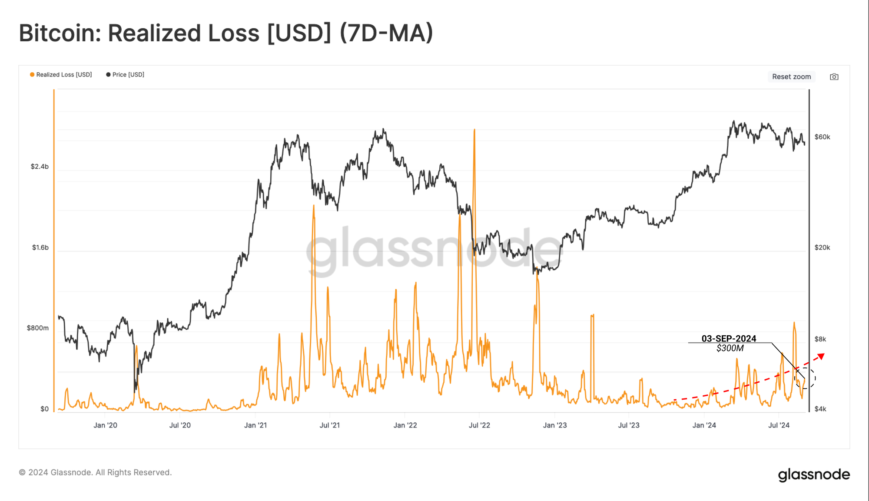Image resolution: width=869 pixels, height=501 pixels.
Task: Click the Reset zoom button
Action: pyautogui.click(x=791, y=77)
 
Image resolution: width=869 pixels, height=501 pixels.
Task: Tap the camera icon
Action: pyautogui.click(x=834, y=77)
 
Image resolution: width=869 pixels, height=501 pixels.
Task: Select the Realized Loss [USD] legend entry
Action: pyautogui.click(x=61, y=75)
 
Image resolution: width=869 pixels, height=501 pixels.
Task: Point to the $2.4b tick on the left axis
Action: pyautogui.click(x=40, y=167)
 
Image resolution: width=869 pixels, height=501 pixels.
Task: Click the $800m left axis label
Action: pyautogui.click(x=38, y=328)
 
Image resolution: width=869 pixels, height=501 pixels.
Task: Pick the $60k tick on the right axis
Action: pyautogui.click(x=822, y=137)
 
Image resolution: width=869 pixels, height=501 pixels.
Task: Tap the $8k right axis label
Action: pyautogui.click(x=820, y=339)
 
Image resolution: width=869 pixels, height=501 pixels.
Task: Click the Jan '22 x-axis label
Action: pyautogui.click(x=405, y=425)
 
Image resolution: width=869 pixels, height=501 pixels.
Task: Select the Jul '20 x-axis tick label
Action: pyautogui.click(x=180, y=425)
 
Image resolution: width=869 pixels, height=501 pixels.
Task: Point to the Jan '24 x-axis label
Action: pyautogui.click(x=704, y=425)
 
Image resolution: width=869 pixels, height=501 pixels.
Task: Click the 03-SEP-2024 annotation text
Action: pyautogui.click(x=729, y=338)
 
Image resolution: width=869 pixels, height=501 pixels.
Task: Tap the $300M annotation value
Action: pyautogui.click(x=730, y=348)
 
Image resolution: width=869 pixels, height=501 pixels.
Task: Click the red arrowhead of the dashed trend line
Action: pyautogui.click(x=821, y=357)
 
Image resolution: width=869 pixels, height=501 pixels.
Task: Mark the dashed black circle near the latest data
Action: pyautogui.click(x=805, y=378)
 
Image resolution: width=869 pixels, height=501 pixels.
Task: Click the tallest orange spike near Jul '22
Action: pyautogui.click(x=474, y=130)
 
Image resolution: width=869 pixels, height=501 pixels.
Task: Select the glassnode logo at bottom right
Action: pyautogui.click(x=814, y=474)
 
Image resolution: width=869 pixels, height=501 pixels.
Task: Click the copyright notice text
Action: pyautogui.click(x=96, y=472)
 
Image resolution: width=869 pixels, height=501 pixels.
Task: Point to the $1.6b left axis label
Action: pyautogui.click(x=40, y=247)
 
